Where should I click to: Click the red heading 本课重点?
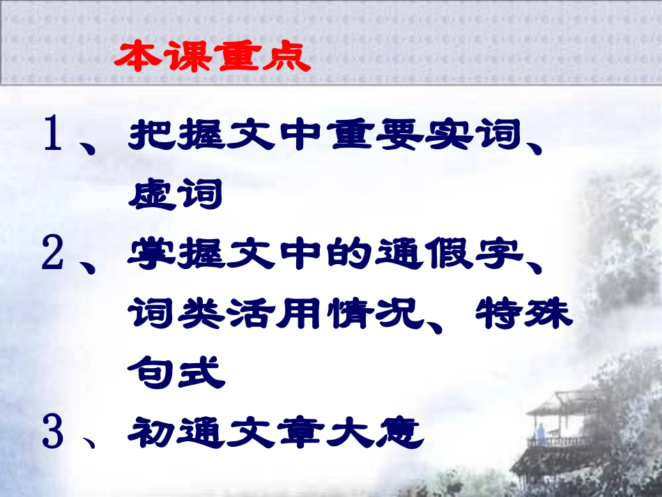[x=212, y=58]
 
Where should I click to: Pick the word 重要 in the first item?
[x=366, y=135]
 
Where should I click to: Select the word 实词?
[x=463, y=135]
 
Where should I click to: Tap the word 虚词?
[x=175, y=194]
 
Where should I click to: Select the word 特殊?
[x=523, y=315]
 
